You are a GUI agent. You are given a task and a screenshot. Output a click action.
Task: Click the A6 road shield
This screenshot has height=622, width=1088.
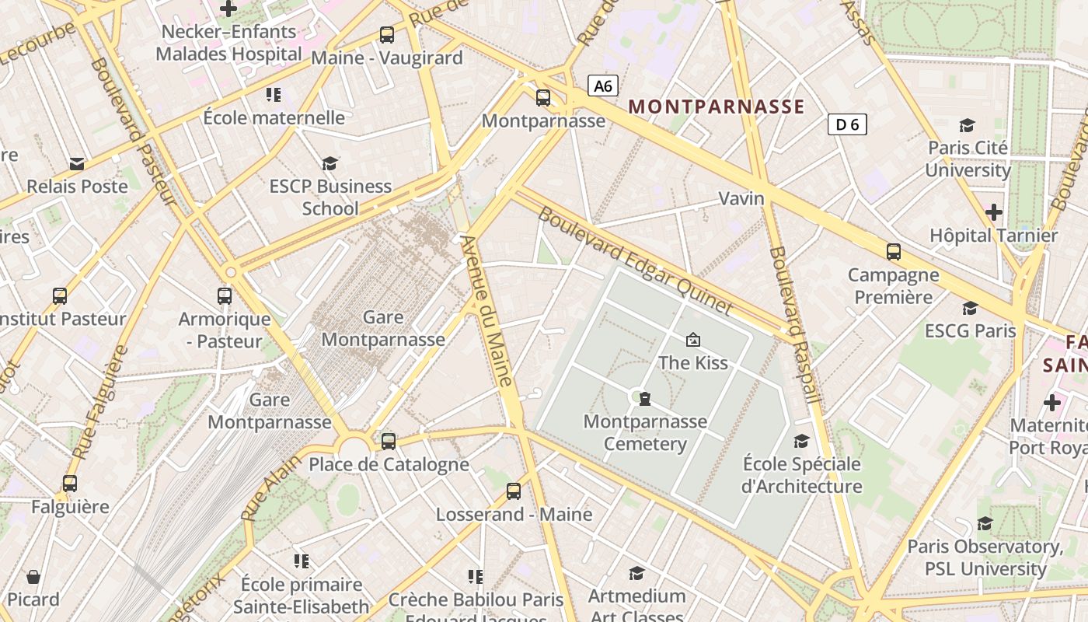(603, 86)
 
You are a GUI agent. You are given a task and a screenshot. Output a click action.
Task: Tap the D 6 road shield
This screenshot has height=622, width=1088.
(846, 124)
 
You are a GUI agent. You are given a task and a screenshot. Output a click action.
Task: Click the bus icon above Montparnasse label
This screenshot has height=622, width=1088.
(542, 98)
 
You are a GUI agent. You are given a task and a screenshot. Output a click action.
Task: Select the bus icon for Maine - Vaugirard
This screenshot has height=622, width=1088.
(386, 35)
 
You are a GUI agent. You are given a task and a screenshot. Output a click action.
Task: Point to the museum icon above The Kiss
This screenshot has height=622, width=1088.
(692, 340)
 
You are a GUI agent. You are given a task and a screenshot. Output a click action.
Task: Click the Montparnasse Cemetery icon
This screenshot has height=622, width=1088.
(644, 399)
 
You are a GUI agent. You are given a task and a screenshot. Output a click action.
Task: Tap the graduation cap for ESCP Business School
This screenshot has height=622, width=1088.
(330, 163)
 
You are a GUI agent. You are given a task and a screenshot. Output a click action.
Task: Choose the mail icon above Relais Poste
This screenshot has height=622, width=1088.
(77, 163)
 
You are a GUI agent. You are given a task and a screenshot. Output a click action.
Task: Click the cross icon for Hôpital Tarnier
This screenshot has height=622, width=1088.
(993, 212)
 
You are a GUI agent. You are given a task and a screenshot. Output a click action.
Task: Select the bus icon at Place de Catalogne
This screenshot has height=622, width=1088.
(388, 442)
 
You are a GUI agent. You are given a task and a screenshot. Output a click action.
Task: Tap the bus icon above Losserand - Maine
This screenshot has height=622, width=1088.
(513, 491)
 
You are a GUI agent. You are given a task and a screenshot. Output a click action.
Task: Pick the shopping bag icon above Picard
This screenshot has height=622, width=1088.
(33, 577)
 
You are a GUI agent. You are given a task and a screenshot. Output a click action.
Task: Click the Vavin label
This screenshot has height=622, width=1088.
(741, 198)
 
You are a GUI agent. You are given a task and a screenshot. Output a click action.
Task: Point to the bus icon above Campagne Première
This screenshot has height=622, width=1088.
(893, 252)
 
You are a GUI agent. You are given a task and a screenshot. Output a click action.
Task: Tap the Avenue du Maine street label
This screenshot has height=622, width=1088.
(486, 311)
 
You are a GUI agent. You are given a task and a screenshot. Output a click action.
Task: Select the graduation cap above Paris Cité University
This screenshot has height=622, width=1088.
(967, 125)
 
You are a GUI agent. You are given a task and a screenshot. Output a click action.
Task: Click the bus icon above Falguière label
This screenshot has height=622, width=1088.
(70, 484)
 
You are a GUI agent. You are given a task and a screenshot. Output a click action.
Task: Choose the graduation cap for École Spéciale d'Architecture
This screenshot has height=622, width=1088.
(801, 442)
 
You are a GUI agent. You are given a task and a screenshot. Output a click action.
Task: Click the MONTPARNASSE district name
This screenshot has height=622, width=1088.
(716, 107)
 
